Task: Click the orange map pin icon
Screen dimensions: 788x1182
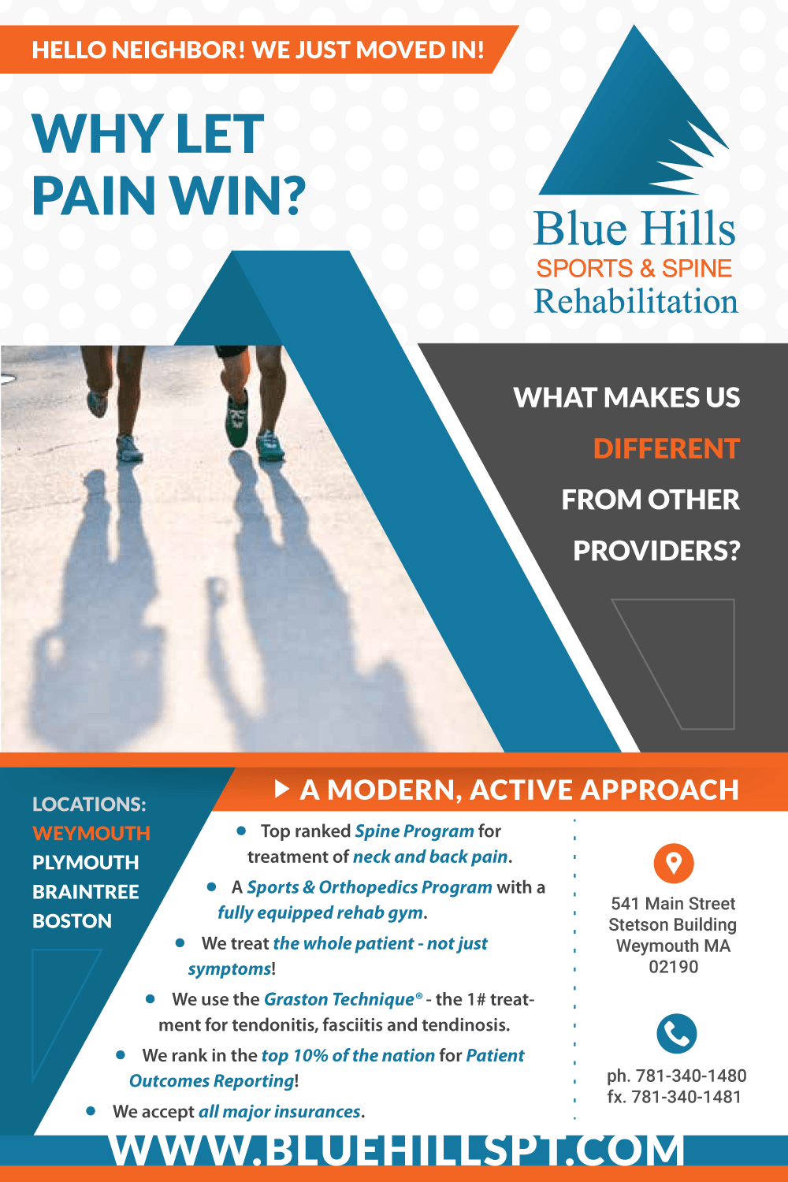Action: point(674,864)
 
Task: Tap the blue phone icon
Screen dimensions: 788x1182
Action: point(677,1033)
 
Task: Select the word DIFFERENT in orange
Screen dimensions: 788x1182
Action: point(667,449)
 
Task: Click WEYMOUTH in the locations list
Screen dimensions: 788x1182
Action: point(91,833)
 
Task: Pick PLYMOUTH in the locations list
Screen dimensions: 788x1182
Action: point(86,863)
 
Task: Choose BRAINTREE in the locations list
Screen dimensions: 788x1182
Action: point(86,892)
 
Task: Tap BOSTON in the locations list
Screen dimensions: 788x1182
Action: point(72,921)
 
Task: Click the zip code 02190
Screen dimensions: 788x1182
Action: point(674,967)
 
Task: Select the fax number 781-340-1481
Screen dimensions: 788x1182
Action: point(686,1097)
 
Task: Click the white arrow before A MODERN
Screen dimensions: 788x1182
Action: point(282,790)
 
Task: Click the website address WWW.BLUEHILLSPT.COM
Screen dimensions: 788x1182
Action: point(396,1150)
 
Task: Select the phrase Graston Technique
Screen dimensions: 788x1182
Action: point(339,999)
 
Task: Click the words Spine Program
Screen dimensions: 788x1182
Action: point(414,831)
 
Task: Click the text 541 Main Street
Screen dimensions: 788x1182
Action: point(673,903)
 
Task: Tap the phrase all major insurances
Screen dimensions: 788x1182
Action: point(280,1111)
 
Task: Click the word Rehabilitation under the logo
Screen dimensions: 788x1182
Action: point(636,301)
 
